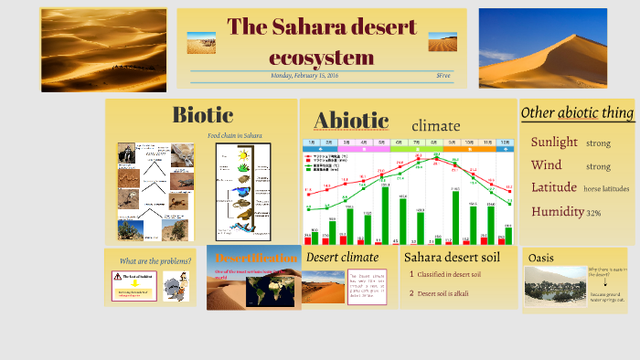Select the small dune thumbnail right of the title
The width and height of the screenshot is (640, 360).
pyautogui.click(x=443, y=42)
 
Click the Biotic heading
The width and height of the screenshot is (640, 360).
pyautogui.click(x=202, y=115)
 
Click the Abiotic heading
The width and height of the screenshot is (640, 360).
pyautogui.click(x=351, y=121)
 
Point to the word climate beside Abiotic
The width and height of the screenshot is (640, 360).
pyautogui.click(x=435, y=125)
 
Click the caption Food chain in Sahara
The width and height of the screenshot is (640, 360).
pyautogui.click(x=234, y=136)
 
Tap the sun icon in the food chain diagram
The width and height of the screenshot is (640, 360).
pyautogui.click(x=243, y=154)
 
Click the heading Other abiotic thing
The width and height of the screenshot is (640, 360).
pyautogui.click(x=577, y=112)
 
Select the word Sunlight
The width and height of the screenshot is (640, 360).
pyautogui.click(x=554, y=142)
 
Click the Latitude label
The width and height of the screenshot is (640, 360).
pyautogui.click(x=554, y=187)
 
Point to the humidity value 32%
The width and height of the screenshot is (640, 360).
pyautogui.click(x=593, y=212)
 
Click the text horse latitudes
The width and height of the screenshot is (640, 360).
pyautogui.click(x=606, y=188)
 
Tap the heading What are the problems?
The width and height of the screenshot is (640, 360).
pyautogui.click(x=155, y=260)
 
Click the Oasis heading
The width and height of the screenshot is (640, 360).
pyautogui.click(x=541, y=258)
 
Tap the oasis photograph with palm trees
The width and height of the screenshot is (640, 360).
pyautogui.click(x=555, y=285)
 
